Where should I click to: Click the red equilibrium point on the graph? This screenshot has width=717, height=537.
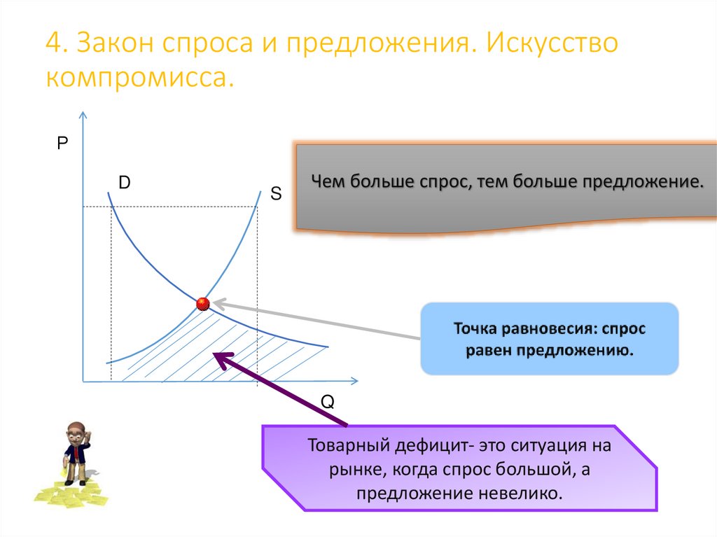point(203,304)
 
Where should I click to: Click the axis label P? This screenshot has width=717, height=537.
point(62,144)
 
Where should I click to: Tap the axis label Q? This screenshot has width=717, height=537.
point(328,402)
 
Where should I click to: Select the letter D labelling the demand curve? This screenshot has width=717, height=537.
point(124,183)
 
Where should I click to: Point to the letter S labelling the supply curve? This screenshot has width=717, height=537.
point(276,194)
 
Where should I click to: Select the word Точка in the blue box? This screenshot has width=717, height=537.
point(477,328)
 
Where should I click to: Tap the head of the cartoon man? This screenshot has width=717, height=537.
point(77,432)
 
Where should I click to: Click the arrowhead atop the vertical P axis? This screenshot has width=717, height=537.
point(83,116)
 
